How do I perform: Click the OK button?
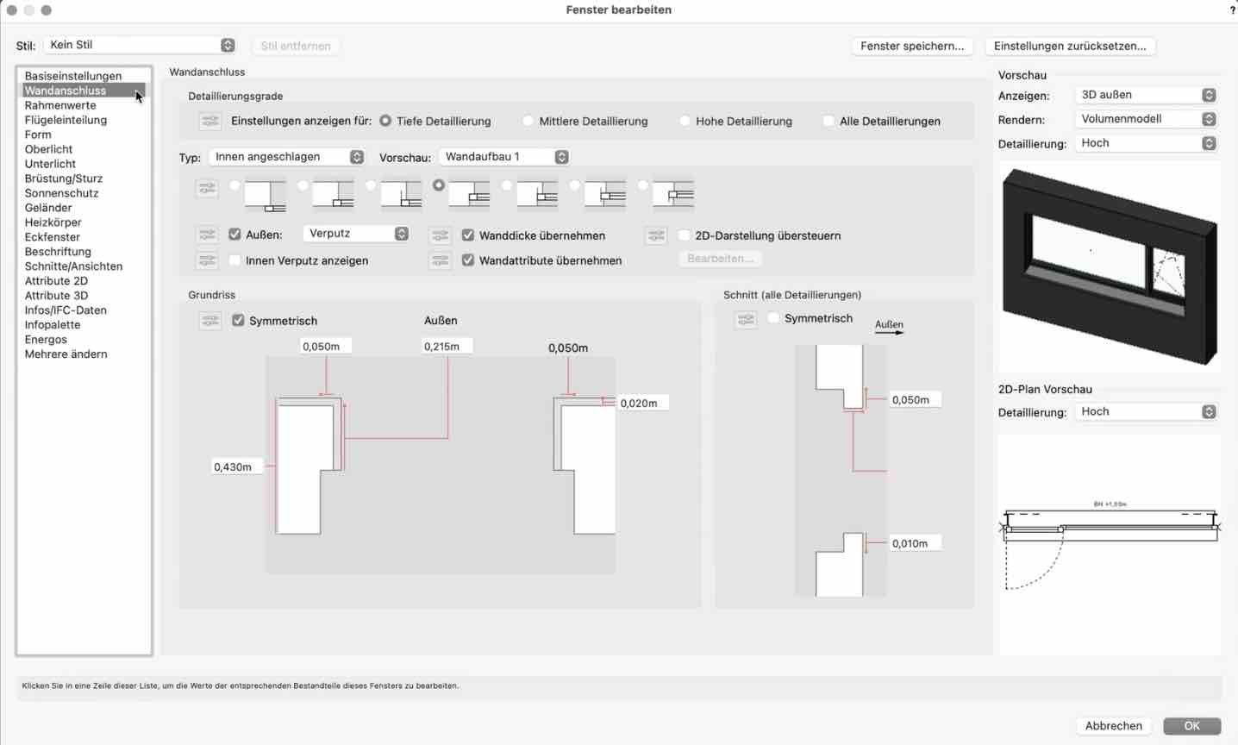(1191, 726)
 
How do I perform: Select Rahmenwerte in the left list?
(60, 105)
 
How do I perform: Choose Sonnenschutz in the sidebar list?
(61, 193)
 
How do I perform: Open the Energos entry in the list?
(46, 340)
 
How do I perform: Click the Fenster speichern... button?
(912, 46)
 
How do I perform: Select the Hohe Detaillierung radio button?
(685, 122)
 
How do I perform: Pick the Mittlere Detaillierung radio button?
(528, 122)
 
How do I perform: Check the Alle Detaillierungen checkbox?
(829, 122)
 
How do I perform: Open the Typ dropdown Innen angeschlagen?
(287, 157)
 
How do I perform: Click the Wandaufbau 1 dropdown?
(504, 157)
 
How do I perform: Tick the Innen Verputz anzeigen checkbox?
(235, 260)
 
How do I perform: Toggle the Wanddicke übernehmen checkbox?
(468, 235)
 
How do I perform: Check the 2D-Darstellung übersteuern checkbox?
(685, 235)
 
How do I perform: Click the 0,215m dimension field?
(447, 347)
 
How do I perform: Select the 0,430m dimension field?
(235, 467)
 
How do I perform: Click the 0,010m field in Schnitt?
(913, 544)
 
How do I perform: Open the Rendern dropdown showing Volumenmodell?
(1147, 119)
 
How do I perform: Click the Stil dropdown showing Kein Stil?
(141, 45)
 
